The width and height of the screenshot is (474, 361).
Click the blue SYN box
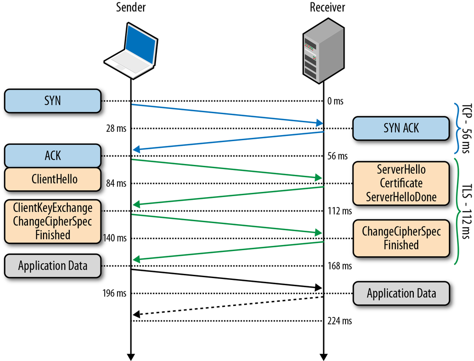click(x=53, y=101)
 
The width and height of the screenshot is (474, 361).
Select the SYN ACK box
click(x=401, y=128)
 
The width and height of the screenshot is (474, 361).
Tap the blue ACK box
click(x=53, y=156)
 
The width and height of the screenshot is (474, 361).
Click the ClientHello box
click(x=53, y=180)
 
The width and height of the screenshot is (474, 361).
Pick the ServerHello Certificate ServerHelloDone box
click(x=401, y=183)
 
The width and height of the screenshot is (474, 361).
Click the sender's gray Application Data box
click(x=53, y=266)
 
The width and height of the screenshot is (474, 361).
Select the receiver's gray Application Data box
click(x=401, y=293)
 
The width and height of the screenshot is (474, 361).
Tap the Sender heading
click(x=130, y=8)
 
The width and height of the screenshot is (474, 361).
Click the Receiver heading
click(x=328, y=8)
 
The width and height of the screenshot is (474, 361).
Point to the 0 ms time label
click(x=335, y=101)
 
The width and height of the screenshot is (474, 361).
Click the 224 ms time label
click(x=339, y=321)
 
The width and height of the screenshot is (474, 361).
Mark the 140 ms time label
click(x=114, y=238)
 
